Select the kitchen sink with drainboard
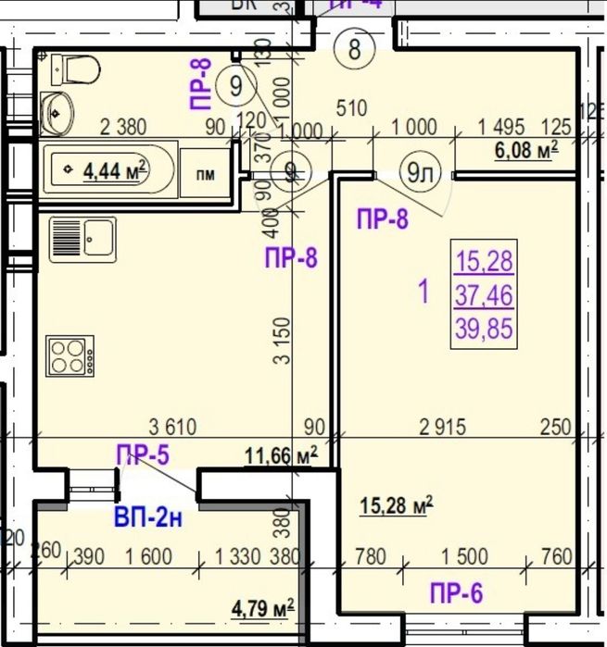82,237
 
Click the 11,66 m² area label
281,454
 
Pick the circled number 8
355,47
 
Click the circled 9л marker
420,170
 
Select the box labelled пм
204,174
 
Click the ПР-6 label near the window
456,592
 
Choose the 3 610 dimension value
173,427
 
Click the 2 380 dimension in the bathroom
124,129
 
